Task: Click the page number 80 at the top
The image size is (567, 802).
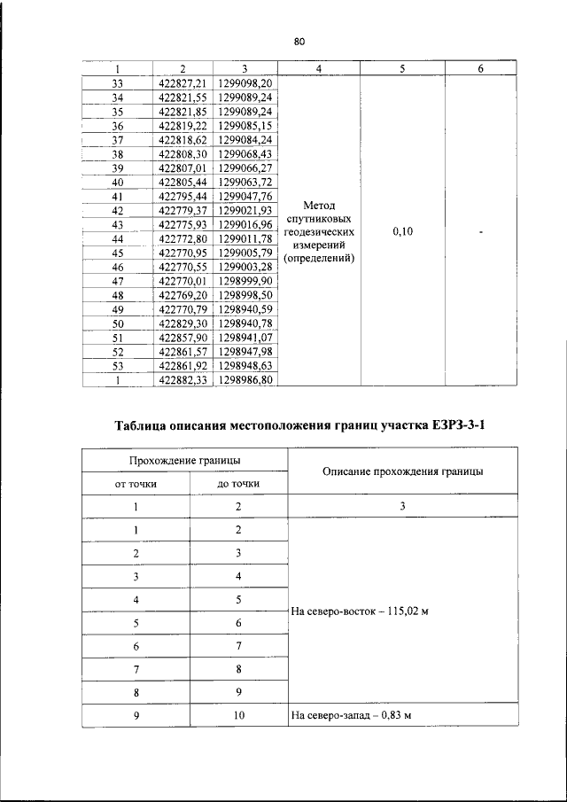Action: point(298,42)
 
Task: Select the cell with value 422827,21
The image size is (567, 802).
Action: point(183,82)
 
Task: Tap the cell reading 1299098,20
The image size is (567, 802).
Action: point(244,82)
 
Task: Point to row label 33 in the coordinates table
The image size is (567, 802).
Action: point(117,82)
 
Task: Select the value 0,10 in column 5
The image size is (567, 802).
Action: point(403,231)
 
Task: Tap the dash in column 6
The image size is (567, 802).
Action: point(479,231)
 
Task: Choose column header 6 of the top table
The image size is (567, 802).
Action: point(479,68)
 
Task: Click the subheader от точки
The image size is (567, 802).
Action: point(136,484)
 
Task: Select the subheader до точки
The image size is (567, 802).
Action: point(238,484)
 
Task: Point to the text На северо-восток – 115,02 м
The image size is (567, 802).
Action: point(353,611)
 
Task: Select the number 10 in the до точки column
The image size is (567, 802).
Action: point(238,715)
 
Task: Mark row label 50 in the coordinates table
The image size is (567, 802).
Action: point(117,324)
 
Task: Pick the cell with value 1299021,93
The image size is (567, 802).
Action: point(244,210)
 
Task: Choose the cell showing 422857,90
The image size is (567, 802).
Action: point(183,339)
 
